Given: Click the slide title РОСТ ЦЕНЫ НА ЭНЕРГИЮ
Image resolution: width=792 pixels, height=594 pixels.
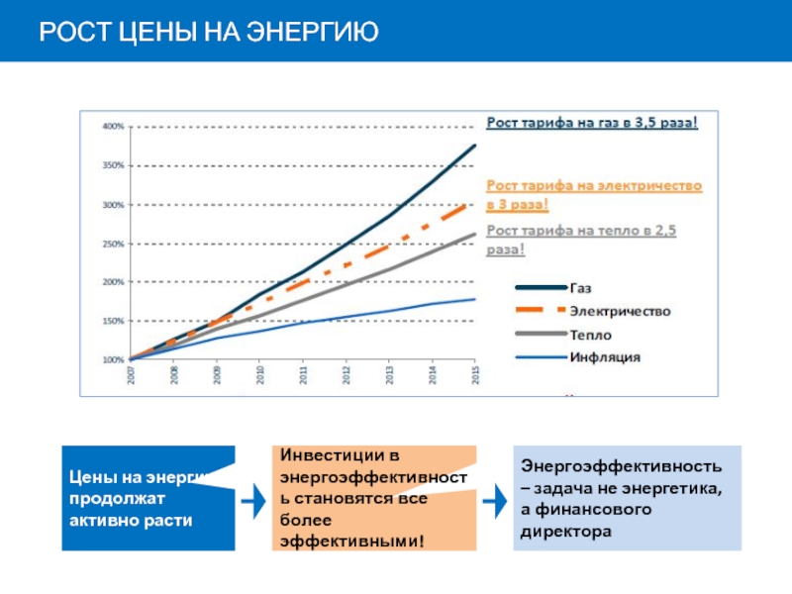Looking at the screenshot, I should tap(209, 32).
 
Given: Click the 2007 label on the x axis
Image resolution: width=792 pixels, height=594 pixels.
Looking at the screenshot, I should tap(131, 376).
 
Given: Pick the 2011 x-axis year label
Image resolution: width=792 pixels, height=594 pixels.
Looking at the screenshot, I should tap(303, 376).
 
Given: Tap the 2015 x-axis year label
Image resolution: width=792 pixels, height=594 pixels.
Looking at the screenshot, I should tap(475, 376).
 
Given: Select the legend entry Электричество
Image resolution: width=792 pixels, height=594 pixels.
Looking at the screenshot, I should tap(619, 311).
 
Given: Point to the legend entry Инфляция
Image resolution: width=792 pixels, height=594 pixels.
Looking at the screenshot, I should tap(604, 356).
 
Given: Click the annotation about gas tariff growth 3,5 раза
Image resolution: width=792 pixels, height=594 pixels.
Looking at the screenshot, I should tap(592, 123).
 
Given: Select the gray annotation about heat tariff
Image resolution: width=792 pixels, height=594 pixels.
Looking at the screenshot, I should tap(580, 240).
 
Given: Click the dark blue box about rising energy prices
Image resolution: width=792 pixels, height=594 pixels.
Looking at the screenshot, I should tap(148, 498).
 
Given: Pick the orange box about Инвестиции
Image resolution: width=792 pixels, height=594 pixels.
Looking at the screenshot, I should tap(374, 498).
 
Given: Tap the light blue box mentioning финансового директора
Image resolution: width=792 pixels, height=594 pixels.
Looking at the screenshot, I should tap(630, 498).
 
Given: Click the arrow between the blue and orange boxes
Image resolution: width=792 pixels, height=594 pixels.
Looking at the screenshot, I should tap(254, 502).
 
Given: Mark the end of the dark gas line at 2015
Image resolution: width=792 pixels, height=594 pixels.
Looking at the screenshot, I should tap(475, 146).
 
